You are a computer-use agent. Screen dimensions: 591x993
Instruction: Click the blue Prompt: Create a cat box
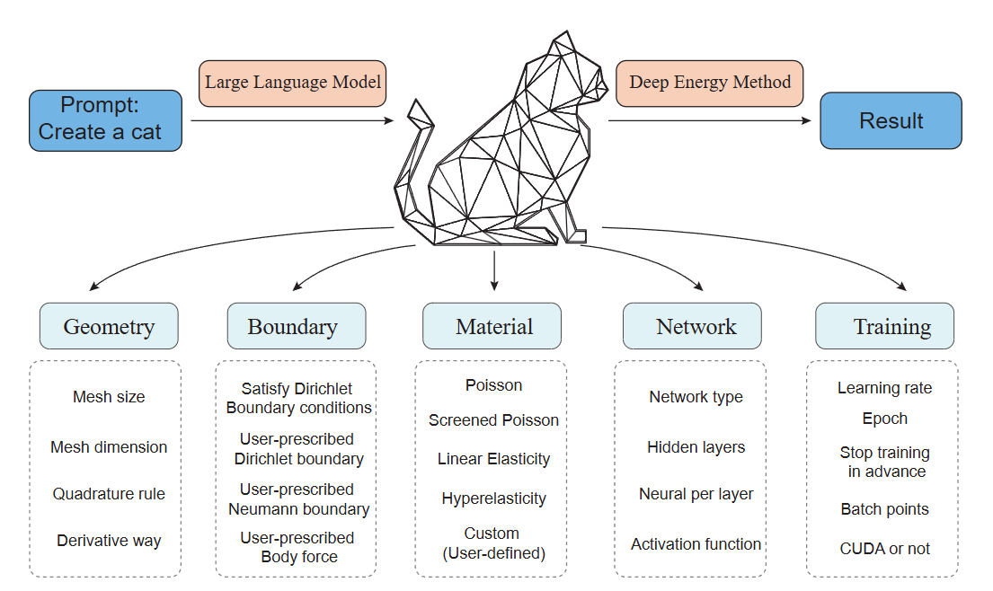coord(105,120)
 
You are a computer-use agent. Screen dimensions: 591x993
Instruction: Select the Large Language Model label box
coord(293,83)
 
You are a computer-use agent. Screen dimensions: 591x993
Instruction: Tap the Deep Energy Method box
coord(709,83)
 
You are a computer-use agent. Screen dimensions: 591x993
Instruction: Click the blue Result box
coord(891,120)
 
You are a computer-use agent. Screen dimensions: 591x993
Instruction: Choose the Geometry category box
coord(109,326)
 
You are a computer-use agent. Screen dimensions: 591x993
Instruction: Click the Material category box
coord(492,326)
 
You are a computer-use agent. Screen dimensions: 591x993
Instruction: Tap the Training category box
coord(884,326)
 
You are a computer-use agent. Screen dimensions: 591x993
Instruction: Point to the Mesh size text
coord(109,396)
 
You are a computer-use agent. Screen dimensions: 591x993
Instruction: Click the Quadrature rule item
coord(109,493)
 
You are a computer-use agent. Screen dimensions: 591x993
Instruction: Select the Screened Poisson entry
coord(493,419)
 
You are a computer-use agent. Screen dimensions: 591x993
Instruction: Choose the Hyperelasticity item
coord(493,498)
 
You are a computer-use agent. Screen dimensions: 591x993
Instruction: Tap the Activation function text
coord(696,543)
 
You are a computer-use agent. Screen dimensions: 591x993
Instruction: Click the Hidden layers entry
coord(696,446)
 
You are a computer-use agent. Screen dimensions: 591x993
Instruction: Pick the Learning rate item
coord(884,388)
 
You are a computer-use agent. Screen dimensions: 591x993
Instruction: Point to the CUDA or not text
coord(884,548)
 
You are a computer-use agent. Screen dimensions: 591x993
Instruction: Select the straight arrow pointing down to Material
coord(494,269)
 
